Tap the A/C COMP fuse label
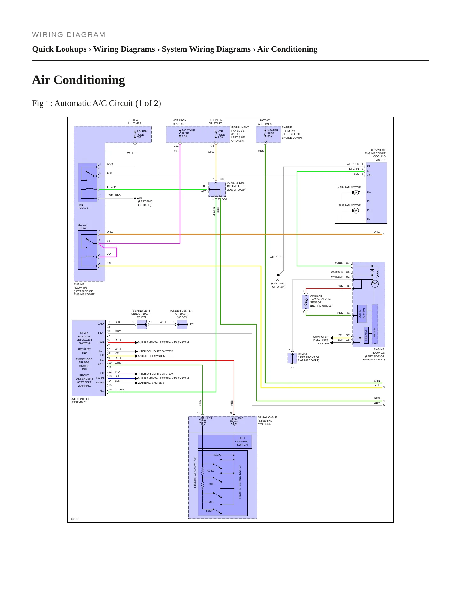pyautogui.click(x=188, y=133)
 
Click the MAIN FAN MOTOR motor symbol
pyautogui.click(x=356, y=193)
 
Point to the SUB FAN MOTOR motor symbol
pyautogui.click(x=356, y=211)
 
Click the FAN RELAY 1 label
pyautogui.click(x=83, y=206)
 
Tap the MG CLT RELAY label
pyautogui.click(x=83, y=226)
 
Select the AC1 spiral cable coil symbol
pyautogui.click(x=202, y=421)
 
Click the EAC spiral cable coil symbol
pyautogui.click(x=234, y=421)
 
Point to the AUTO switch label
pyautogui.click(x=211, y=471)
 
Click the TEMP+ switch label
pyautogui.click(x=210, y=502)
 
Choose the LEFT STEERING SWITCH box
pyautogui.click(x=225, y=442)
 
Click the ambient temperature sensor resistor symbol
pyautogui.click(x=306, y=302)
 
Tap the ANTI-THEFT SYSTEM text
pyautogui.click(x=152, y=356)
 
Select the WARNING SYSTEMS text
pyautogui.click(x=151, y=383)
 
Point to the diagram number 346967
pyautogui.click(x=74, y=519)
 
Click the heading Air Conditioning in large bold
pyautogui.click(x=78, y=80)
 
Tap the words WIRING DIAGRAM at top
pyautogui.click(x=69, y=35)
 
